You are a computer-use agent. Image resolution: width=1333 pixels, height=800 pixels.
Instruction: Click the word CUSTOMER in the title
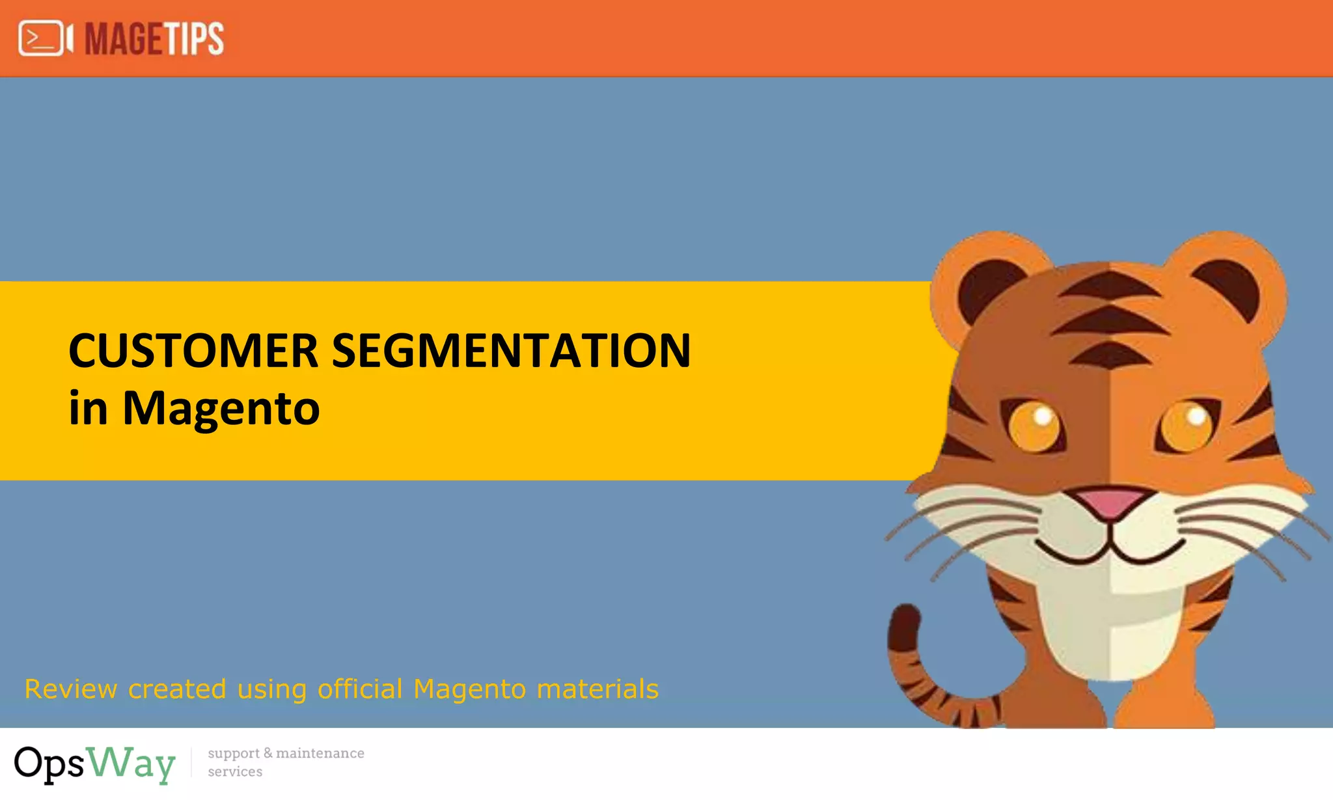tap(193, 351)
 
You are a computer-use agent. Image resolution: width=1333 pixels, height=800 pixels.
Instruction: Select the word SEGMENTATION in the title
tap(511, 351)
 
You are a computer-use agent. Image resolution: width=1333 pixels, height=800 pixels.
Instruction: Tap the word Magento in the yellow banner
tap(221, 409)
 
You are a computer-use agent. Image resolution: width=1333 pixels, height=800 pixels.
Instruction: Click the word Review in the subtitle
tap(71, 689)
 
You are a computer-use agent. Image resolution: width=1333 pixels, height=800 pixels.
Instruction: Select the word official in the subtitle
tap(360, 689)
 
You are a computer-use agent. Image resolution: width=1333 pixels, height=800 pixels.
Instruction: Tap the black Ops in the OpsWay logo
tap(49, 763)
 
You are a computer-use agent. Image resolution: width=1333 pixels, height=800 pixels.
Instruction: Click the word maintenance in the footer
tap(320, 753)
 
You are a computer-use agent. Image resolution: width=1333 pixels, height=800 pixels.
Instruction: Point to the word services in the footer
tap(235, 772)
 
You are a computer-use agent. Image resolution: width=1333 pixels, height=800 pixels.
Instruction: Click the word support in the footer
tap(234, 754)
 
